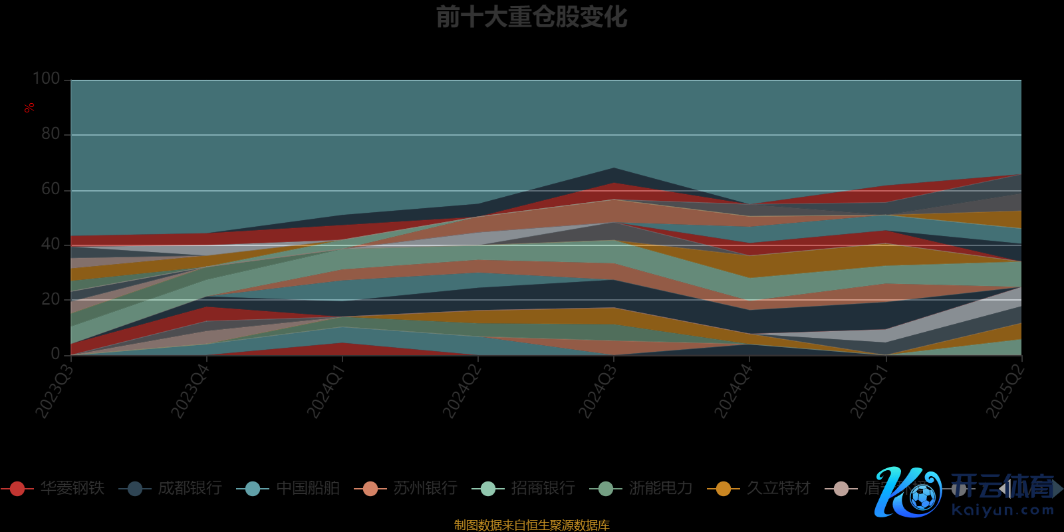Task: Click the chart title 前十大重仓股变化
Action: [x=531, y=17]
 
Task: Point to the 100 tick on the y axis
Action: [x=47, y=78]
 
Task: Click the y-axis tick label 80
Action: [x=51, y=134]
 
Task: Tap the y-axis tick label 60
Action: [x=51, y=189]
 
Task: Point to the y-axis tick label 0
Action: [x=55, y=354]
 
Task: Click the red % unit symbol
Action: [x=29, y=108]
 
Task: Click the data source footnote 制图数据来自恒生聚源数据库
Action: [x=531, y=525]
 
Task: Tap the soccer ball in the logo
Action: [x=922, y=497]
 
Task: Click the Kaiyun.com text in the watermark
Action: [x=1003, y=511]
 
